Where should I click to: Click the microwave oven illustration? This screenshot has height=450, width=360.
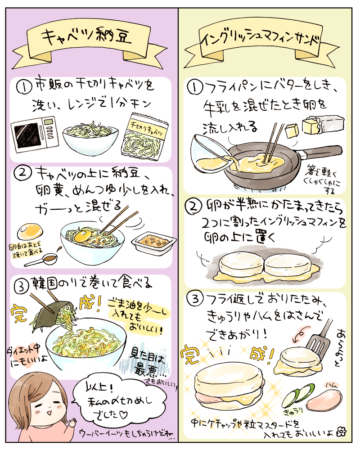coord(35,134)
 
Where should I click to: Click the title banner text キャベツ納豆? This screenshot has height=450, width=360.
coord(86,36)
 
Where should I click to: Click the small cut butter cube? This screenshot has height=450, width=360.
coord(292,131)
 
